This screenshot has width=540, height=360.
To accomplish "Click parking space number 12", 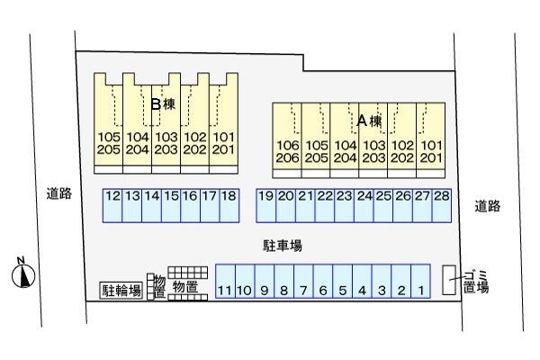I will click(112, 204).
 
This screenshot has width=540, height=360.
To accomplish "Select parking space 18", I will click(229, 204).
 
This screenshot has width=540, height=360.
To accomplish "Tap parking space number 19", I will click(265, 204).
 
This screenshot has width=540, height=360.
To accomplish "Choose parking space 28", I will click(441, 204).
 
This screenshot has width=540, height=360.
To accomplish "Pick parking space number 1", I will click(421, 281).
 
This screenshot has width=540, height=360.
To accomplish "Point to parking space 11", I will click(225, 281).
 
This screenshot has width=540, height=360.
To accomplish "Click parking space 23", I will click(344, 204).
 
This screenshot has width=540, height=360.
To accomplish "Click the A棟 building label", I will click(370, 120).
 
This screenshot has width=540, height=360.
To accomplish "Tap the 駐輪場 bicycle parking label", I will click(121, 290).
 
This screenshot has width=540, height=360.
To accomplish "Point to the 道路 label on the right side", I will click(487, 206).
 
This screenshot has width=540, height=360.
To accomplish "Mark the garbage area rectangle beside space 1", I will click(448, 279).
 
